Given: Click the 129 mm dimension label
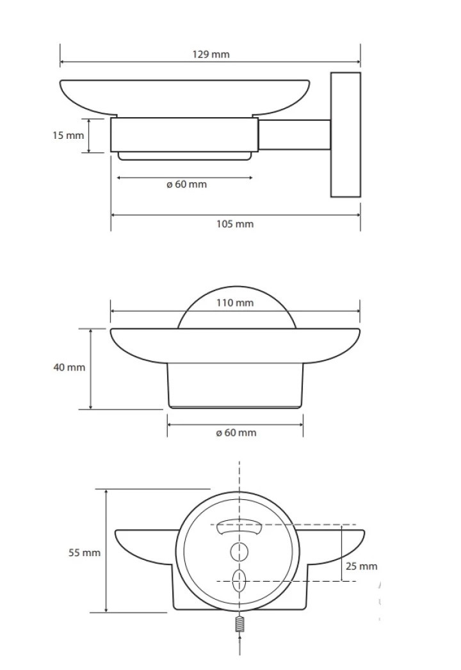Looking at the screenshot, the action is (x=211, y=54).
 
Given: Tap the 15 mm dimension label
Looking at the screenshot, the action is (x=68, y=136).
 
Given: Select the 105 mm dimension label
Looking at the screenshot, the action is (x=235, y=224).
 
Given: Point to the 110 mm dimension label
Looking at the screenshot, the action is (x=235, y=303).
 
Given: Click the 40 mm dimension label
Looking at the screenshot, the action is (x=69, y=367).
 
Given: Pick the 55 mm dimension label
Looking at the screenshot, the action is (x=85, y=552).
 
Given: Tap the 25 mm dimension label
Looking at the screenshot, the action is (x=361, y=566).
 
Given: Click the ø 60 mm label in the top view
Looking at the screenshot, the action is (x=186, y=184).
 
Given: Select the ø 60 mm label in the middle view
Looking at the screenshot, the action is (x=236, y=433).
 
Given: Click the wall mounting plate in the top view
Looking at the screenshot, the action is (x=346, y=134).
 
